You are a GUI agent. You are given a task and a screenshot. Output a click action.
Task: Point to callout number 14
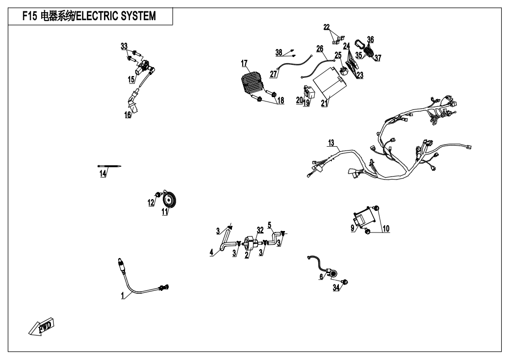click(x=102, y=173)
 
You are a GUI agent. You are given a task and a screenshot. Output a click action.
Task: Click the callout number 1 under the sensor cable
click(x=123, y=296)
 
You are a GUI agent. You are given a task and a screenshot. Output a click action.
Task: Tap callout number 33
click(x=124, y=46)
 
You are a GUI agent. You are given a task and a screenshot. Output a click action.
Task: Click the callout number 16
click(x=127, y=115)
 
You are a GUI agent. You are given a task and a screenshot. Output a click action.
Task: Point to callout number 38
click(x=279, y=52)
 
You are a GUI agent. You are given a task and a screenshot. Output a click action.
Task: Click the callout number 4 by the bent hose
click(x=211, y=253)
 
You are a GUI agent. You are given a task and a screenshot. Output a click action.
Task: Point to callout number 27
click(x=273, y=74)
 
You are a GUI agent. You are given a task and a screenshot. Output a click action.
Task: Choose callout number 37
click(x=378, y=57)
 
